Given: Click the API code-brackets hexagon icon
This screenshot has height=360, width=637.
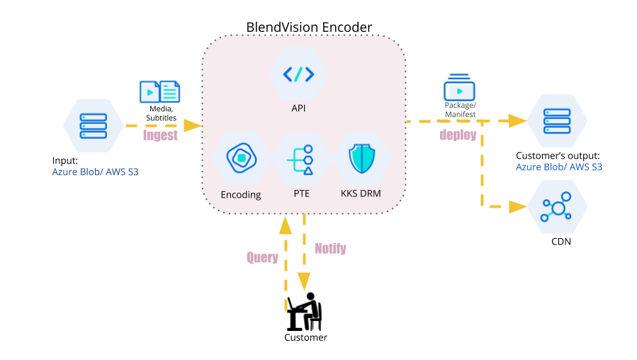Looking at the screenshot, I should [x=298, y=74].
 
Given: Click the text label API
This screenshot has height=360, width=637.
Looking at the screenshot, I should [x=298, y=108].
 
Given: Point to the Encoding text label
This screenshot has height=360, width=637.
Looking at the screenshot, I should [x=241, y=194].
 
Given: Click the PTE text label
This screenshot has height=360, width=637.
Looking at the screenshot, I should [x=301, y=193].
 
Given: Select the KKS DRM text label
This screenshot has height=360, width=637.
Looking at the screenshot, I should [x=361, y=193].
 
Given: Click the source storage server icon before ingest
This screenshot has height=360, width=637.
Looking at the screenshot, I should [x=94, y=125].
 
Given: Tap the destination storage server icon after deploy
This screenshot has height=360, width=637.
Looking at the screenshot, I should [x=557, y=121].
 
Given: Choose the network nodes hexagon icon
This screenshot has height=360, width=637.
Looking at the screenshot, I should [x=557, y=206].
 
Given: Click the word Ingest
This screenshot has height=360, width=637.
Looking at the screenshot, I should [x=159, y=136].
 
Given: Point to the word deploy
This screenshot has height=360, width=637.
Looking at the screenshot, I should [x=458, y=135].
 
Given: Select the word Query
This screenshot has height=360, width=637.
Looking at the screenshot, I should [x=262, y=257].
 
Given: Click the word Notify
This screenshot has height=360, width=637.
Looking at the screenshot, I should [x=330, y=249].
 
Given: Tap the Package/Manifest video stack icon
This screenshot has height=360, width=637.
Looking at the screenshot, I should [x=459, y=89].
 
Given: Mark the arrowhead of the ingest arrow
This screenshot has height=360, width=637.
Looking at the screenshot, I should [x=193, y=125].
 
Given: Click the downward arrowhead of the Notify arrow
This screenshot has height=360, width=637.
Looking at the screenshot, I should [x=304, y=281].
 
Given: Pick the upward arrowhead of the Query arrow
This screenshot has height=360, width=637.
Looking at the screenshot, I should [x=286, y=225].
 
